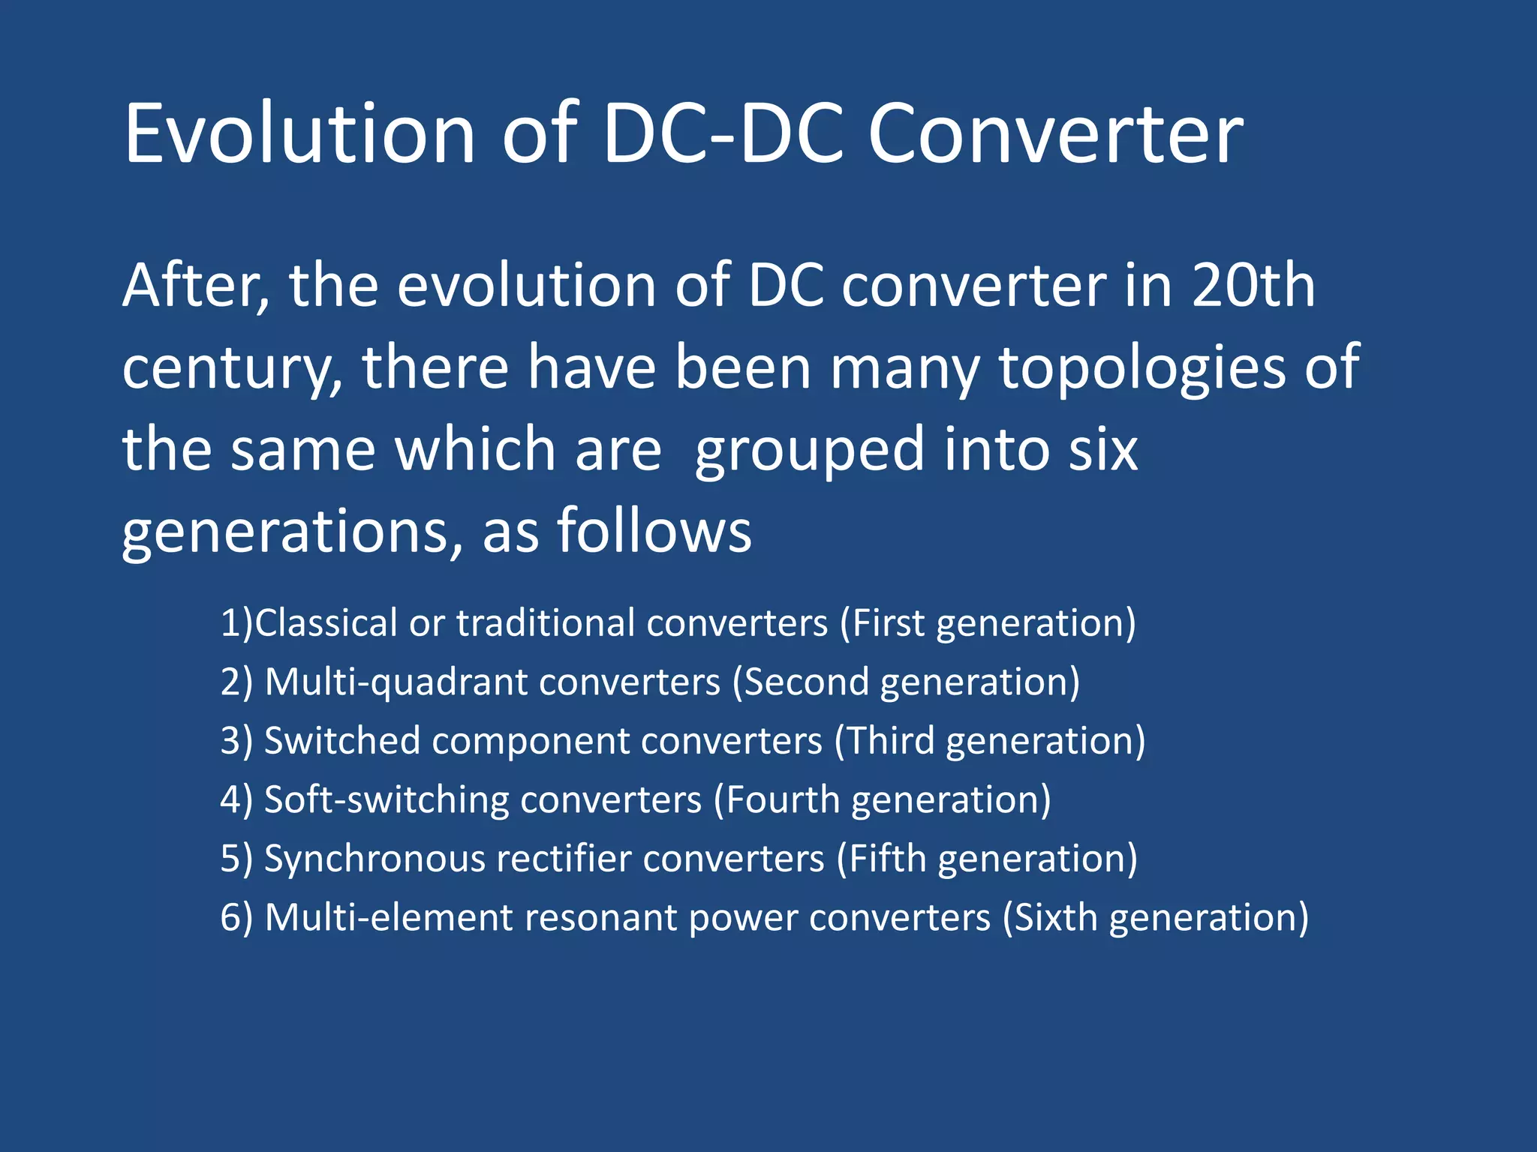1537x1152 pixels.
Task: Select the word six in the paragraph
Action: tap(1103, 449)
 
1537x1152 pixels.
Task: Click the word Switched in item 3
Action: tap(341, 741)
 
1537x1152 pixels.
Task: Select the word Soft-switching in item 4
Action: tap(387, 799)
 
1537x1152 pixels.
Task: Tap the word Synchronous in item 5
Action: tap(374, 859)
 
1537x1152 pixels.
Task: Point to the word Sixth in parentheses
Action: tap(1056, 917)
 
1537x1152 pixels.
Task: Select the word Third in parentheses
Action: tap(890, 741)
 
